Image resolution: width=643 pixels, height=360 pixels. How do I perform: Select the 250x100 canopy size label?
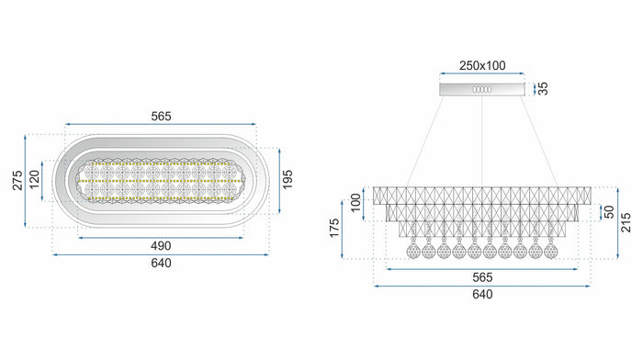point(482,67)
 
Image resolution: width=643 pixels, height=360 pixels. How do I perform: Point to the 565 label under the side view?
point(482,277)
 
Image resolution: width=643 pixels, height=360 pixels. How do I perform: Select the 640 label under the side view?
point(482,294)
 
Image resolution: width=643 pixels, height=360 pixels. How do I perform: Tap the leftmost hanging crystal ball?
point(413,251)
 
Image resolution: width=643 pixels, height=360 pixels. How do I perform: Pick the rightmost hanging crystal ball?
point(550,251)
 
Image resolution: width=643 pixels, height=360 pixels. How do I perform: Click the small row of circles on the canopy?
point(482,89)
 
